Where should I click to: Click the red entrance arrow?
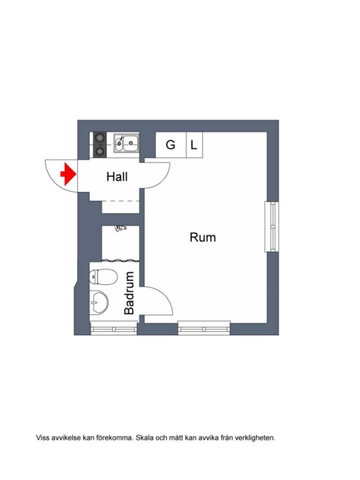68,174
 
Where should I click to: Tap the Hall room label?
118,176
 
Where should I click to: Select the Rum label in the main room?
203,237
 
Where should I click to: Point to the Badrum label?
130,297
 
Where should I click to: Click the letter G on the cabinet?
170,145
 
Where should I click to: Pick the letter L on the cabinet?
194,145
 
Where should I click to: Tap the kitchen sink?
127,143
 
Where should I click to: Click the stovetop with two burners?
100,143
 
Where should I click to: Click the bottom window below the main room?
204,327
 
